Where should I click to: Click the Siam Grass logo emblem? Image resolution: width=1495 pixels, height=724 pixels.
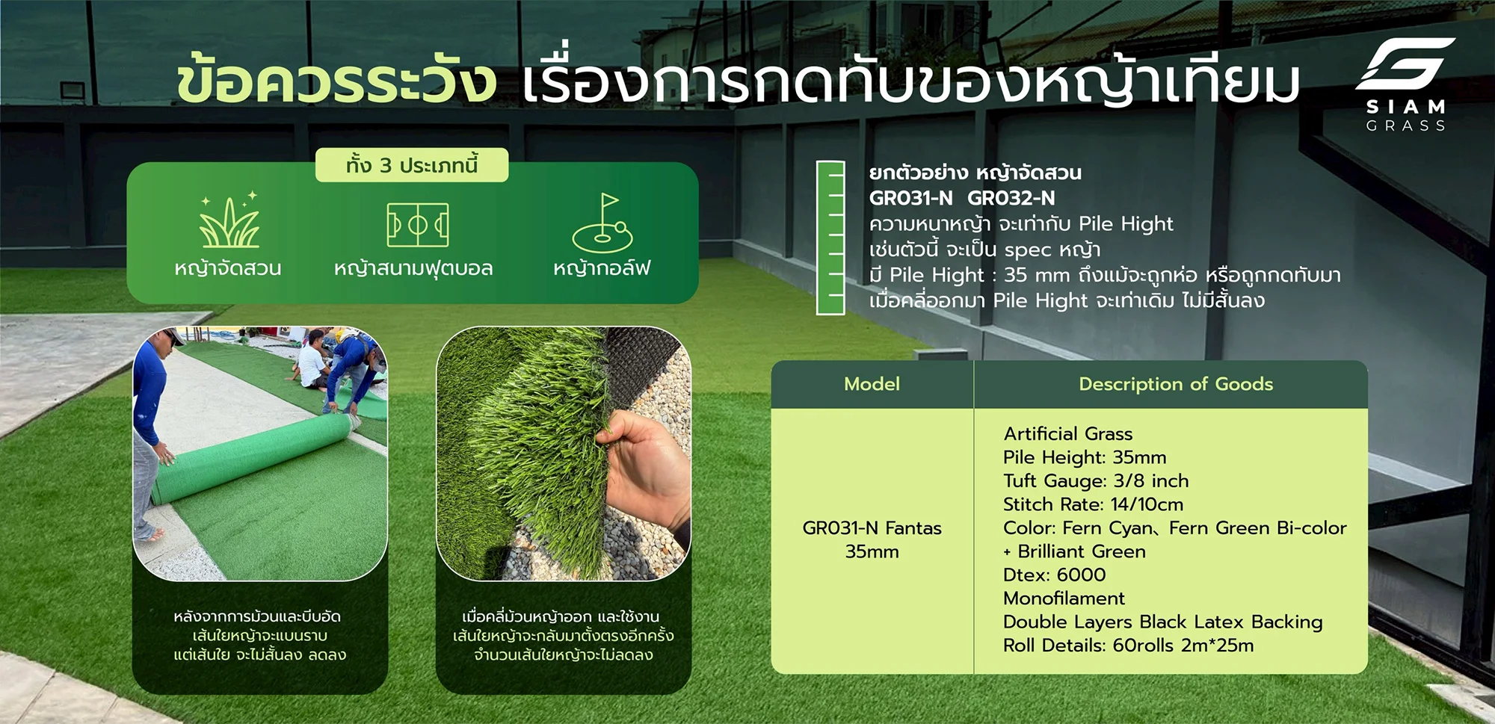click(x=1405, y=67)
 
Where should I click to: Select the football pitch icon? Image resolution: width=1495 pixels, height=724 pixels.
click(x=418, y=224)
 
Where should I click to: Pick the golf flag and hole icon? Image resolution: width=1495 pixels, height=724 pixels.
click(x=602, y=223)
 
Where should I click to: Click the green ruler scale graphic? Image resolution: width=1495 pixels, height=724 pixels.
click(x=830, y=237)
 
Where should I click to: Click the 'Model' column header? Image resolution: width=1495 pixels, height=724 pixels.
click(x=872, y=384)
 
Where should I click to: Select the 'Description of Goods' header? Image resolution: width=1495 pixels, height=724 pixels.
click(x=1176, y=384)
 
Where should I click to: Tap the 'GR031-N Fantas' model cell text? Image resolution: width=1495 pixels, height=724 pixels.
click(x=872, y=528)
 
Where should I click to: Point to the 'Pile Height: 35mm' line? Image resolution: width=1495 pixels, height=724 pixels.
click(x=1085, y=457)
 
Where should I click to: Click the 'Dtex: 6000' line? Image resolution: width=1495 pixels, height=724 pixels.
click(x=1054, y=575)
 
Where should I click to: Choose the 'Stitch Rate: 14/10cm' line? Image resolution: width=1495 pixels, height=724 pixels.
click(x=1093, y=504)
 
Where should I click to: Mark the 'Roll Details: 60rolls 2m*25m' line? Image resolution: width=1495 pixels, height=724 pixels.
click(x=1128, y=646)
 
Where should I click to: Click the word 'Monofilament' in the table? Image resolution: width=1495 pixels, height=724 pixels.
click(x=1064, y=598)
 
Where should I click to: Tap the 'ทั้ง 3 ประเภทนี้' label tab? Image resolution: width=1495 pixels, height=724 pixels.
click(x=412, y=165)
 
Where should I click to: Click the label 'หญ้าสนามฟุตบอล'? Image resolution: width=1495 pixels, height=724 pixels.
click(x=413, y=268)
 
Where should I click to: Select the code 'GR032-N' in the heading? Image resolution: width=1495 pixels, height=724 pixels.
click(x=1011, y=198)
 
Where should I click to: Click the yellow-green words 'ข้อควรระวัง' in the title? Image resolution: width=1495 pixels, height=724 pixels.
click(x=336, y=81)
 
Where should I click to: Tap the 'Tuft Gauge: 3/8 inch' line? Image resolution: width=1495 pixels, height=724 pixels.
click(x=1096, y=481)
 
